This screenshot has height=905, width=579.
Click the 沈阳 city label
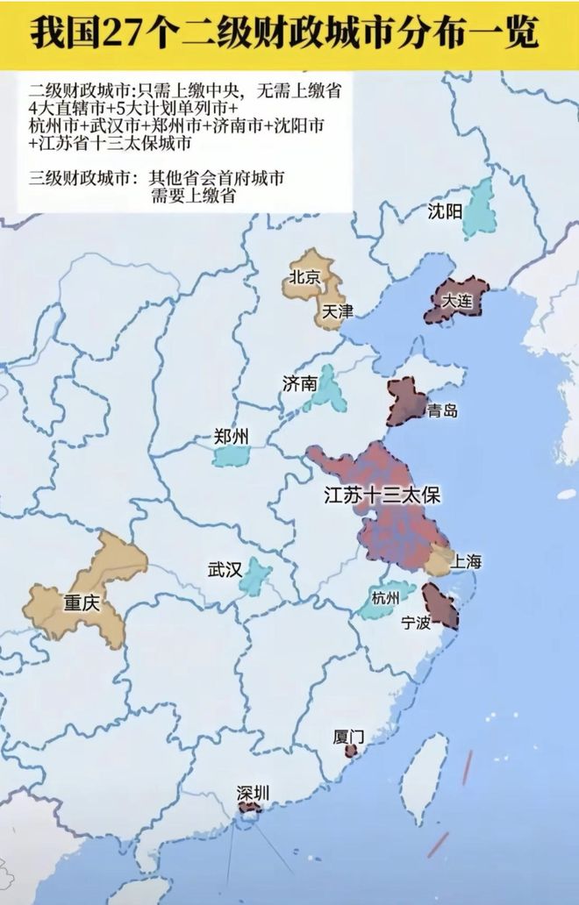444,211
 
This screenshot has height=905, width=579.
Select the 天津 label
338,311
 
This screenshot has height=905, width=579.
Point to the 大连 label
456,301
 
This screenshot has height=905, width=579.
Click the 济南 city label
299,383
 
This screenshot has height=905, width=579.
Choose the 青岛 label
440,411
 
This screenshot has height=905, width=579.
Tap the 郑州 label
232,437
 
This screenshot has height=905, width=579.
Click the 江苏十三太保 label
382,495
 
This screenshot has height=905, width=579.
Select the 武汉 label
225,569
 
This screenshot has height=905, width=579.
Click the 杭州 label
385,599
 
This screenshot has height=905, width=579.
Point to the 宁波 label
416,623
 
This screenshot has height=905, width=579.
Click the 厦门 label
349,737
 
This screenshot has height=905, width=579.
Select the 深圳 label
253,794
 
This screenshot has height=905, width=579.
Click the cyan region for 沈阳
479,209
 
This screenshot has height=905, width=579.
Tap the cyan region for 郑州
232,456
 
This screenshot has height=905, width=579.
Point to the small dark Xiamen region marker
351,752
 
